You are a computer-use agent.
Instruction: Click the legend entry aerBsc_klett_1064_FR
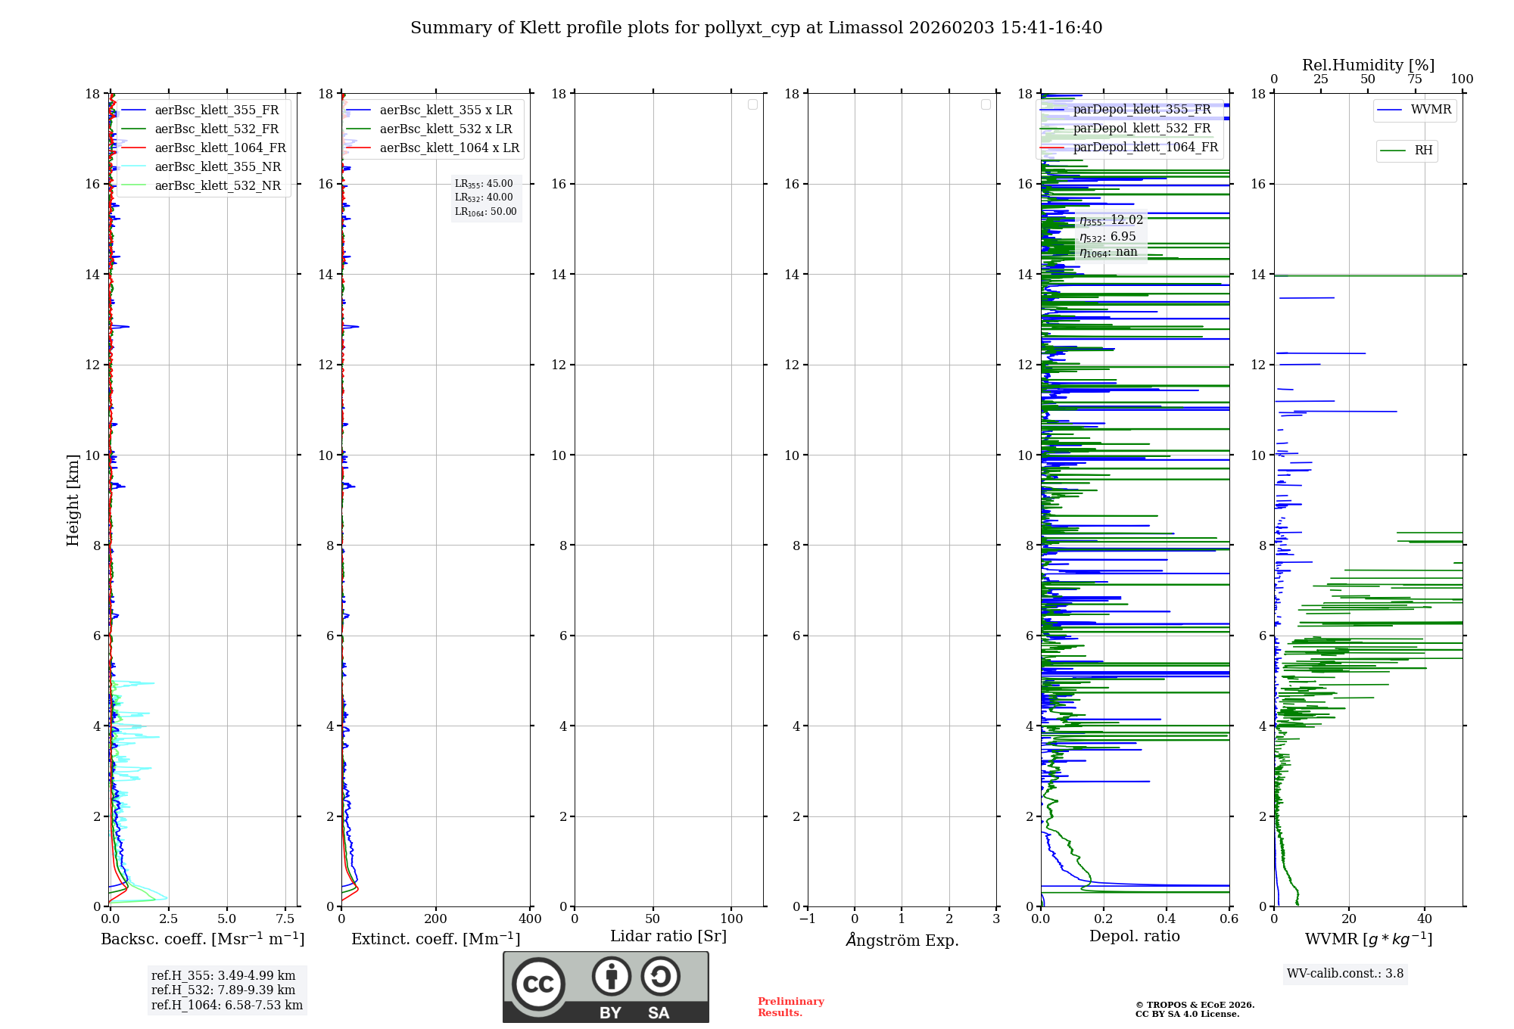pos(220,148)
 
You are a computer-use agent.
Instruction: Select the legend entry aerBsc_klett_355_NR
pos(217,167)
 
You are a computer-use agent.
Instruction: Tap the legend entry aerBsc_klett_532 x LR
pos(445,129)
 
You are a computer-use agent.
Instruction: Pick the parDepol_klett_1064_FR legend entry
pos(1145,148)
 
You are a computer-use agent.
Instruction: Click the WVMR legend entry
pos(1431,110)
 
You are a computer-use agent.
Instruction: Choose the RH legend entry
pos(1423,151)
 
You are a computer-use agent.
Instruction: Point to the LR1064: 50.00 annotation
pos(485,212)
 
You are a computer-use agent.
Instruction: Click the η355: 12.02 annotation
pos(1111,220)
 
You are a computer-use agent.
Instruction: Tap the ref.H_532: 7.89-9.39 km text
pos(223,990)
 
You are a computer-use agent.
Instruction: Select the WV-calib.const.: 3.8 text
pos(1345,974)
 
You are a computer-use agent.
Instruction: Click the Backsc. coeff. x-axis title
pos(202,939)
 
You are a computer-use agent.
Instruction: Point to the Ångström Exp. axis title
pos(902,940)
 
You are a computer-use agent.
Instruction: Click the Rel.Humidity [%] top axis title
pos(1368,65)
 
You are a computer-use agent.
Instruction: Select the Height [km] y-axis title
pos(73,500)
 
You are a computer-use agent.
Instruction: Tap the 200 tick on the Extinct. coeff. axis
pos(435,919)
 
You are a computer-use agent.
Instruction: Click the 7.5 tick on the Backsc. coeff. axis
pos(285,919)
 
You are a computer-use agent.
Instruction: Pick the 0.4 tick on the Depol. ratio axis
pos(1166,919)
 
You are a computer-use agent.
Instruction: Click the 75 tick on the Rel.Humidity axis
pos(1414,79)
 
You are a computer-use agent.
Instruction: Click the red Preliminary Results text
pos(790,1007)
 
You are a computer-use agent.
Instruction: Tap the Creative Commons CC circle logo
pos(538,984)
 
